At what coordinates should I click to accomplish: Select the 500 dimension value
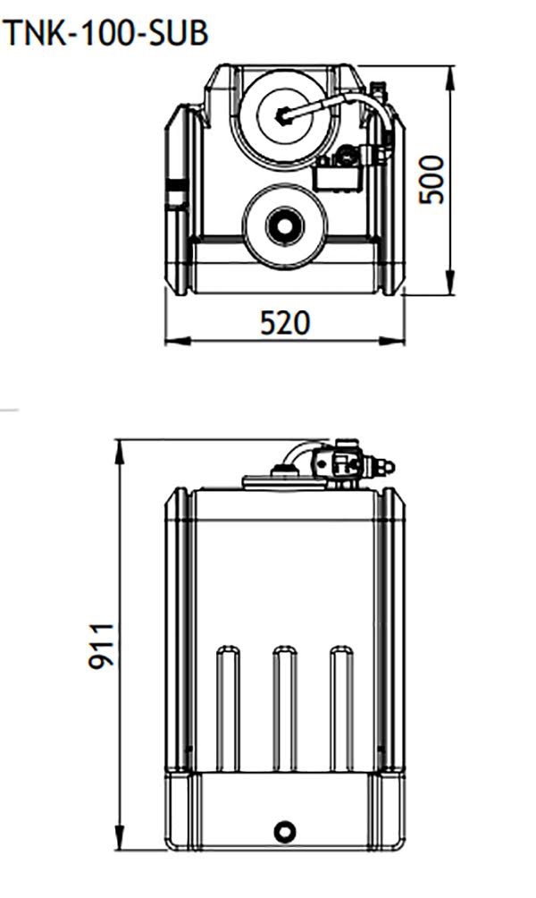432,179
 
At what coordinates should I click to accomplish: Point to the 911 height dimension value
100,646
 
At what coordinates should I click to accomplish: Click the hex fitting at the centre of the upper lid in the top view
283,114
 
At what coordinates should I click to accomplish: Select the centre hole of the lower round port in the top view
283,225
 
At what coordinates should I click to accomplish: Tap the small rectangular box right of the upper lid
337,174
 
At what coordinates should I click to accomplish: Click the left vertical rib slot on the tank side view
227,707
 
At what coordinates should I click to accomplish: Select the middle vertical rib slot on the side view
284,707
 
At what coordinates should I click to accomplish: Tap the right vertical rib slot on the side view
340,707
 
